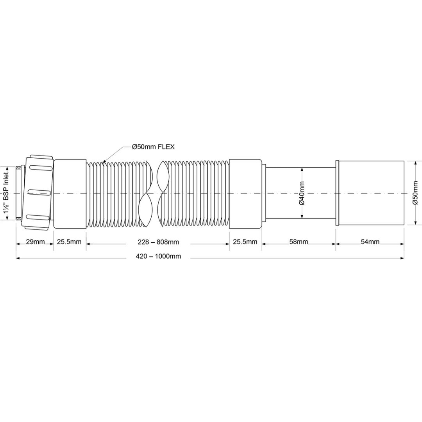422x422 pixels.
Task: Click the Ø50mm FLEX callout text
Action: click(153, 147)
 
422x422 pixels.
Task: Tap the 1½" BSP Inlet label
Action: click(7, 193)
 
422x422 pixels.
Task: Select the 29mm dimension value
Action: click(35, 242)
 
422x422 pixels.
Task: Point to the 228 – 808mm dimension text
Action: click(158, 242)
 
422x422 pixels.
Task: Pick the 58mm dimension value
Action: click(299, 242)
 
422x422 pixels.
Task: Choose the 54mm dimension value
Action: click(370, 242)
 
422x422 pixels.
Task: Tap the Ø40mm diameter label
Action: click(302, 193)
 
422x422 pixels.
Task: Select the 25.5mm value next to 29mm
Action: click(70, 242)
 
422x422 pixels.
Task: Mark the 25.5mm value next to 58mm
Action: click(245, 242)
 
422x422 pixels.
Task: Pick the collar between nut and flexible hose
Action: click(70, 193)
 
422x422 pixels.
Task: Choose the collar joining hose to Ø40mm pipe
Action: click(245, 193)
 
